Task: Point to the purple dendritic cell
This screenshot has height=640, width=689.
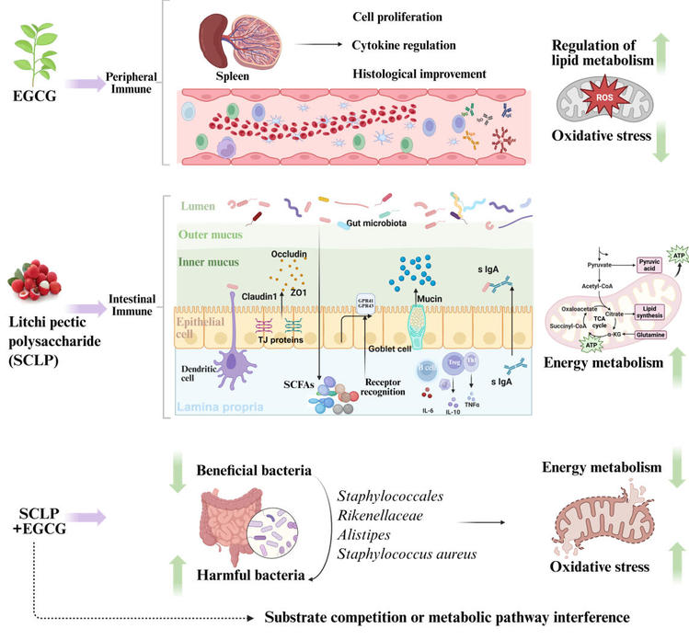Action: pos(233,343)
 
